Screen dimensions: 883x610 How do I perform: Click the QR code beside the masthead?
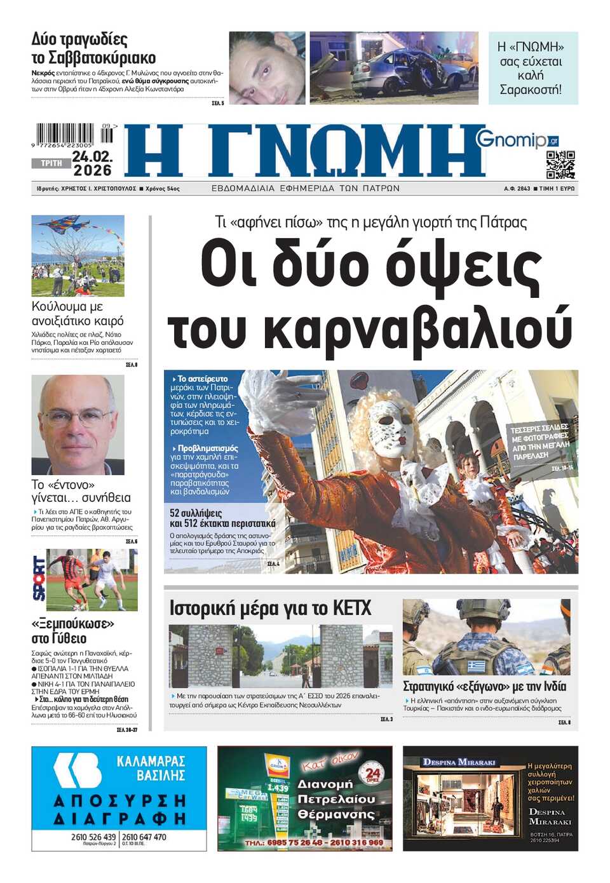[560, 165]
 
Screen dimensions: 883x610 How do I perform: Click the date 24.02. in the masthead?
[92, 156]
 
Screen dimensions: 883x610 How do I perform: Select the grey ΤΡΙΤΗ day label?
[51, 163]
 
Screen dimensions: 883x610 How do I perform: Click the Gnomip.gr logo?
[516, 138]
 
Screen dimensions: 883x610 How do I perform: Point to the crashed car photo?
[394, 68]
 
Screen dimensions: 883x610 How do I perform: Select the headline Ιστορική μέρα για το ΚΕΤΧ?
[270, 609]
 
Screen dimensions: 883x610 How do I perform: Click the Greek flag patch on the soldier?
[476, 666]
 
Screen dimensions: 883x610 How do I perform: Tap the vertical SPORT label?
[39, 579]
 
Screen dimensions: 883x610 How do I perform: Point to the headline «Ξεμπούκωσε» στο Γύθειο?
[72, 631]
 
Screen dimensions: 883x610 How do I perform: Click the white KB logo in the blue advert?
[77, 770]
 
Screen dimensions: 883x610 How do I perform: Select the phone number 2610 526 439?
[93, 837]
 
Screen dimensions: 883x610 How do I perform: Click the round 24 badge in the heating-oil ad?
[373, 773]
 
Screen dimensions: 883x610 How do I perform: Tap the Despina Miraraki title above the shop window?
[459, 762]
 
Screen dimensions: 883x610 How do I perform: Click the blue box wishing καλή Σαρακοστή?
[532, 68]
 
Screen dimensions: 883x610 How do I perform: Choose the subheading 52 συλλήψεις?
[196, 513]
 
